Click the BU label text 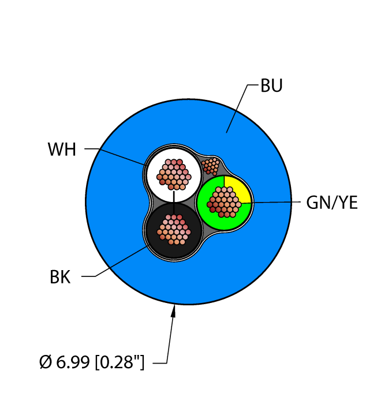(271, 86)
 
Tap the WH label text (62, 150)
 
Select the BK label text (59, 277)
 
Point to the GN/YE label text (331, 203)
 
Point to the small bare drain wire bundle (211, 166)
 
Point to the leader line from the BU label (237, 110)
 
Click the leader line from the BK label (118, 263)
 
